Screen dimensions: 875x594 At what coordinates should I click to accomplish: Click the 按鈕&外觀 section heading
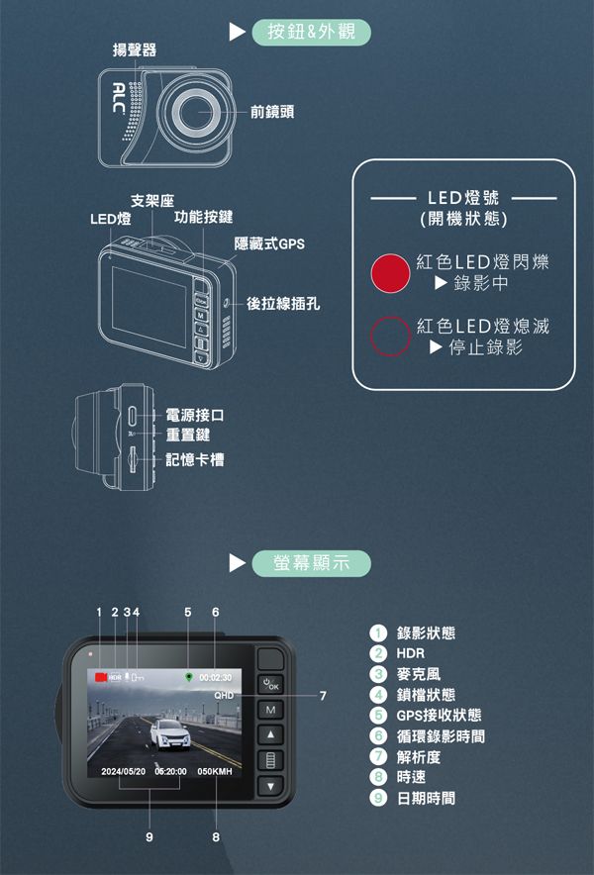tap(311, 32)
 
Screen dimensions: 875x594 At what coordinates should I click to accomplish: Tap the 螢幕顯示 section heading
tap(311, 563)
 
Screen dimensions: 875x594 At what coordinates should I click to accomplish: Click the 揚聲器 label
tap(133, 49)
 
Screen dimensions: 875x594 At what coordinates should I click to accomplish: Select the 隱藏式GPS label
tap(268, 243)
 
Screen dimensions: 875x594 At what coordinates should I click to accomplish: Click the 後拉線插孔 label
tap(283, 303)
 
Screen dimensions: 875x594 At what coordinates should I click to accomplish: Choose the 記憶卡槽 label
tap(195, 459)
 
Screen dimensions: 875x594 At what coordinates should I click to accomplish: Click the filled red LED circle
tap(390, 274)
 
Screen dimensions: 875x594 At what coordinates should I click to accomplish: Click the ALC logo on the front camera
tap(118, 98)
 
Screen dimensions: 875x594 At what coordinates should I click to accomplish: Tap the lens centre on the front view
tap(198, 111)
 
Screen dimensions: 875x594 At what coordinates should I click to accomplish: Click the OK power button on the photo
tap(270, 685)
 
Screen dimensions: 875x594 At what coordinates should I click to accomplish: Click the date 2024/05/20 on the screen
tap(123, 770)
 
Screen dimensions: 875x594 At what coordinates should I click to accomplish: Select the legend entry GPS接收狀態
tap(439, 715)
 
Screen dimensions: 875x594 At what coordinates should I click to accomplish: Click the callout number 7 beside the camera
tap(323, 696)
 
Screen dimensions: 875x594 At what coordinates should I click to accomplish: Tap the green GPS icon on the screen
tap(188, 677)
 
